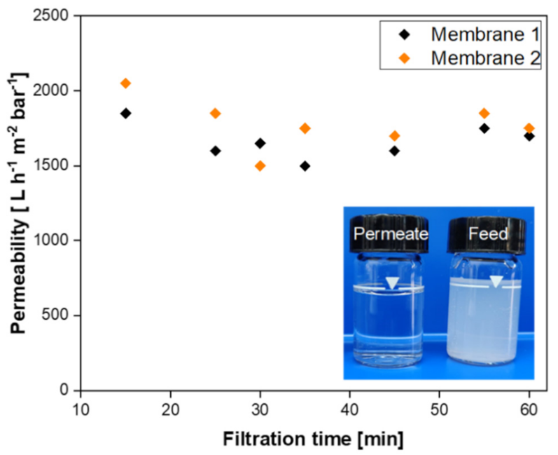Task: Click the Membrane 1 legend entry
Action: [458, 34]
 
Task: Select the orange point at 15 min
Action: [126, 83]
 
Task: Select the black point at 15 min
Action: [126, 114]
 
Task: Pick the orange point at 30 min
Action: [260, 166]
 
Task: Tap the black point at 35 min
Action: [305, 166]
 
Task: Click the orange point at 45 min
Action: [394, 136]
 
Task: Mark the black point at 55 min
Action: [484, 128]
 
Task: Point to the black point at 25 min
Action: [216, 151]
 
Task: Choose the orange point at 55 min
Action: [484, 114]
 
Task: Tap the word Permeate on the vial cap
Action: [391, 234]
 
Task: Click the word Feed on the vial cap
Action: [488, 234]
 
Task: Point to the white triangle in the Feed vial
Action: [496, 282]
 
